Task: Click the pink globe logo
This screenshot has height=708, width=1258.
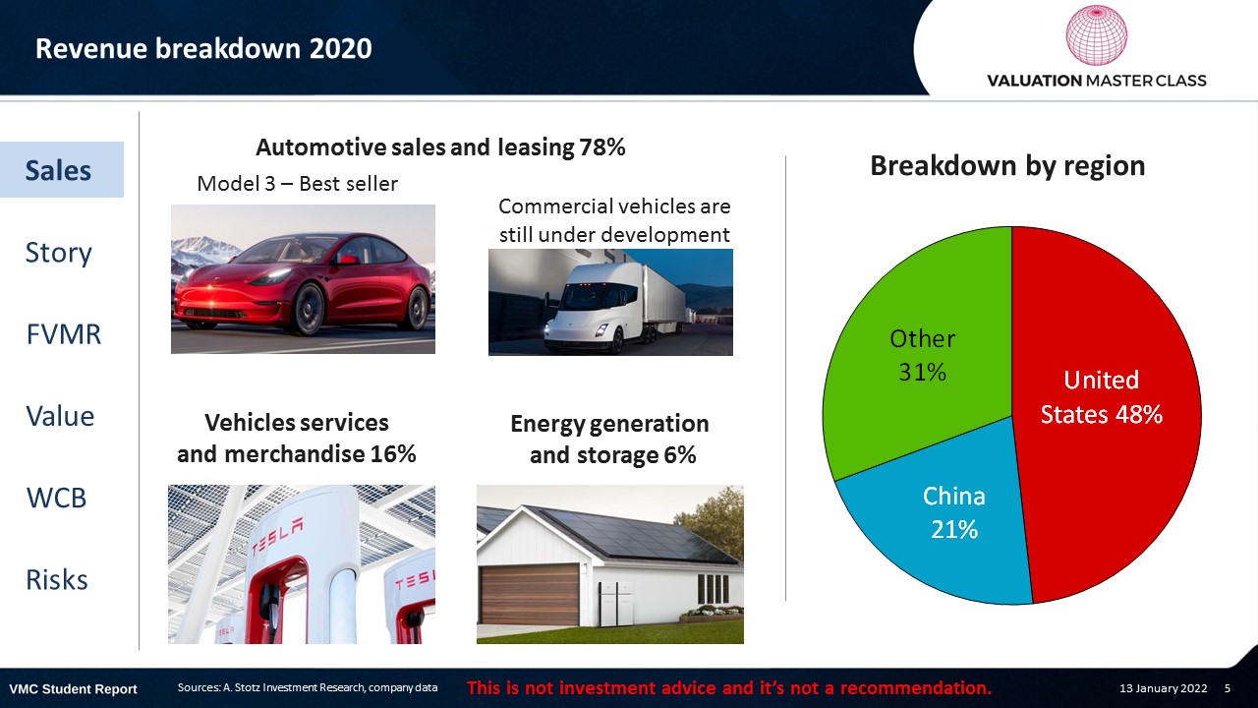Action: point(1096,34)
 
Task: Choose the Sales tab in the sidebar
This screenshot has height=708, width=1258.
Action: point(58,170)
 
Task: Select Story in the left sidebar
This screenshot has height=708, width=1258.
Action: point(58,253)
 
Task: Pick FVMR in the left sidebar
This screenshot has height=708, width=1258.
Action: point(64,334)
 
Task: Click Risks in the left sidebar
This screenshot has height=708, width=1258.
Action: point(57,579)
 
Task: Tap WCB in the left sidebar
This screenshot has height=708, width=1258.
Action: point(56,498)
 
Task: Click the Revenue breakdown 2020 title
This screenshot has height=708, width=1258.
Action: point(203,48)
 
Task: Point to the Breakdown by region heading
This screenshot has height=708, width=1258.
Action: point(1007,166)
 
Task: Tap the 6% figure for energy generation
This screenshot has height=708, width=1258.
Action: point(680,455)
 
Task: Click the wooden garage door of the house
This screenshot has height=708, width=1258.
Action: point(530,595)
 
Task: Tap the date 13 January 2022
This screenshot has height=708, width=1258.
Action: point(1163,688)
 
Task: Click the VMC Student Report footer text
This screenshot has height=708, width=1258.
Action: point(73,689)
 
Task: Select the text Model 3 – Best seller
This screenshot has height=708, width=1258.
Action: point(297,184)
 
